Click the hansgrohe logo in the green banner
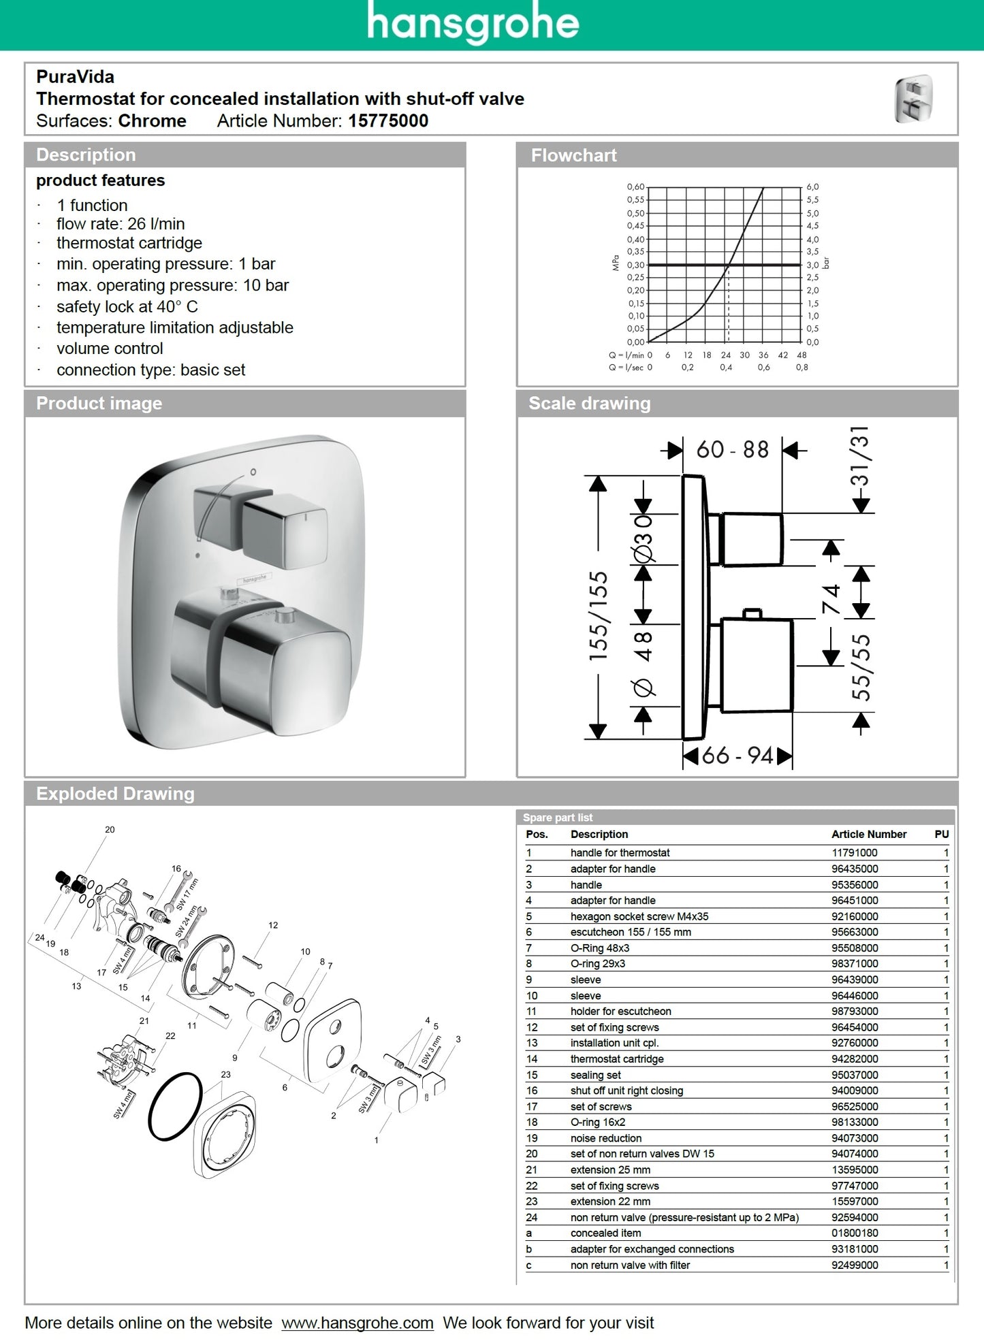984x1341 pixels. tap(473, 23)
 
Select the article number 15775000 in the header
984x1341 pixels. tap(388, 121)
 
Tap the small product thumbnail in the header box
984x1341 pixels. tap(913, 99)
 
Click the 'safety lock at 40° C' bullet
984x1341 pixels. tap(127, 306)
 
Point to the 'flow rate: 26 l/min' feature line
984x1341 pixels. tap(121, 224)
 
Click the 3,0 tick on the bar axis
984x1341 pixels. tap(812, 265)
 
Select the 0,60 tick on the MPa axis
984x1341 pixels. tap(635, 187)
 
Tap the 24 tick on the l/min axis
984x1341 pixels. tap(726, 355)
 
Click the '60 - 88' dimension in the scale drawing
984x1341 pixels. tap(732, 450)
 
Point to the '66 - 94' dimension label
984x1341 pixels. tap(737, 756)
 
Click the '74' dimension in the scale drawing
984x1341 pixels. tap(831, 598)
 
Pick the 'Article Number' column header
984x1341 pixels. tap(868, 834)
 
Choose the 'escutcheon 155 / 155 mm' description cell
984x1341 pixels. tap(630, 932)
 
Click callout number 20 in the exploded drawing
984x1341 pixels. tap(110, 829)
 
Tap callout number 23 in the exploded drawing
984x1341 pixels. tap(225, 1074)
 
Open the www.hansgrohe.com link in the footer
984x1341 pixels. tap(357, 1323)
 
